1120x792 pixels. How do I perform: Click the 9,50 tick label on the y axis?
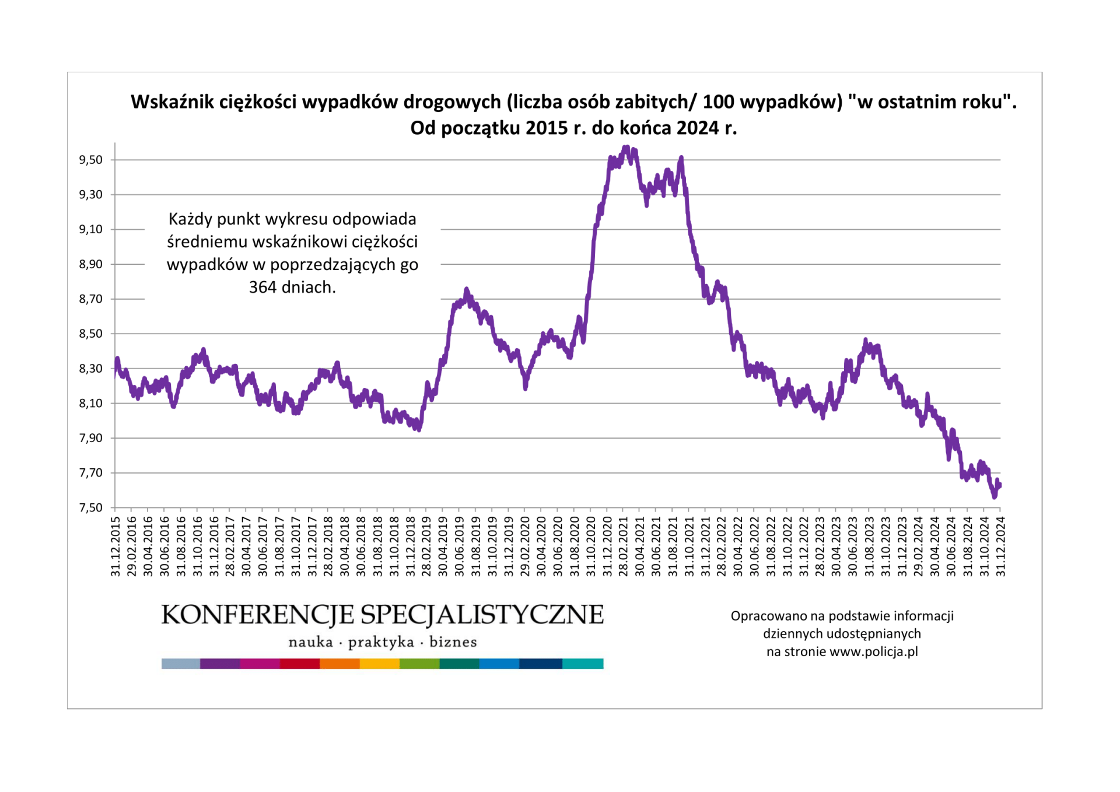pyautogui.click(x=90, y=160)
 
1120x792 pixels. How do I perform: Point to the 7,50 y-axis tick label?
pyautogui.click(x=90, y=508)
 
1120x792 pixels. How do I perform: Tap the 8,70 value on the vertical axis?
pyautogui.click(x=90, y=299)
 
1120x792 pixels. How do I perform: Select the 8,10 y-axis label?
pyautogui.click(x=90, y=404)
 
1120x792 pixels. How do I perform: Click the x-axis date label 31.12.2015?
pyautogui.click(x=116, y=546)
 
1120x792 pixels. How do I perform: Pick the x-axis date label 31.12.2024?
pyautogui.click(x=1001, y=546)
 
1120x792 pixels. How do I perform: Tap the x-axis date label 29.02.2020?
pyautogui.click(x=525, y=546)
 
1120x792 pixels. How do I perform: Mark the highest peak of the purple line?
pyautogui.click(x=626, y=148)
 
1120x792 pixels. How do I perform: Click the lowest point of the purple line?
pyautogui.click(x=995, y=497)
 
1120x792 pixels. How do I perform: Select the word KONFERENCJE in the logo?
pyautogui.click(x=257, y=615)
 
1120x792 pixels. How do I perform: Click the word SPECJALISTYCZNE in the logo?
pyautogui.click(x=482, y=615)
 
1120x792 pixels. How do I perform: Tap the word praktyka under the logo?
pyautogui.click(x=381, y=643)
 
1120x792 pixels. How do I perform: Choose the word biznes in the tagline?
pyautogui.click(x=453, y=643)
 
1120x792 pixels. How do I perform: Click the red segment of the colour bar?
pyautogui.click(x=300, y=664)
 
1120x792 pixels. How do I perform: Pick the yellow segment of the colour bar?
pyautogui.click(x=380, y=664)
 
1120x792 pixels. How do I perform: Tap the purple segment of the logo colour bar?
pyautogui.click(x=220, y=664)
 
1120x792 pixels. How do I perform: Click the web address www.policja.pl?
pyautogui.click(x=873, y=652)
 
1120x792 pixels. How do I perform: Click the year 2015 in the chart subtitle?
pyautogui.click(x=545, y=128)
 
